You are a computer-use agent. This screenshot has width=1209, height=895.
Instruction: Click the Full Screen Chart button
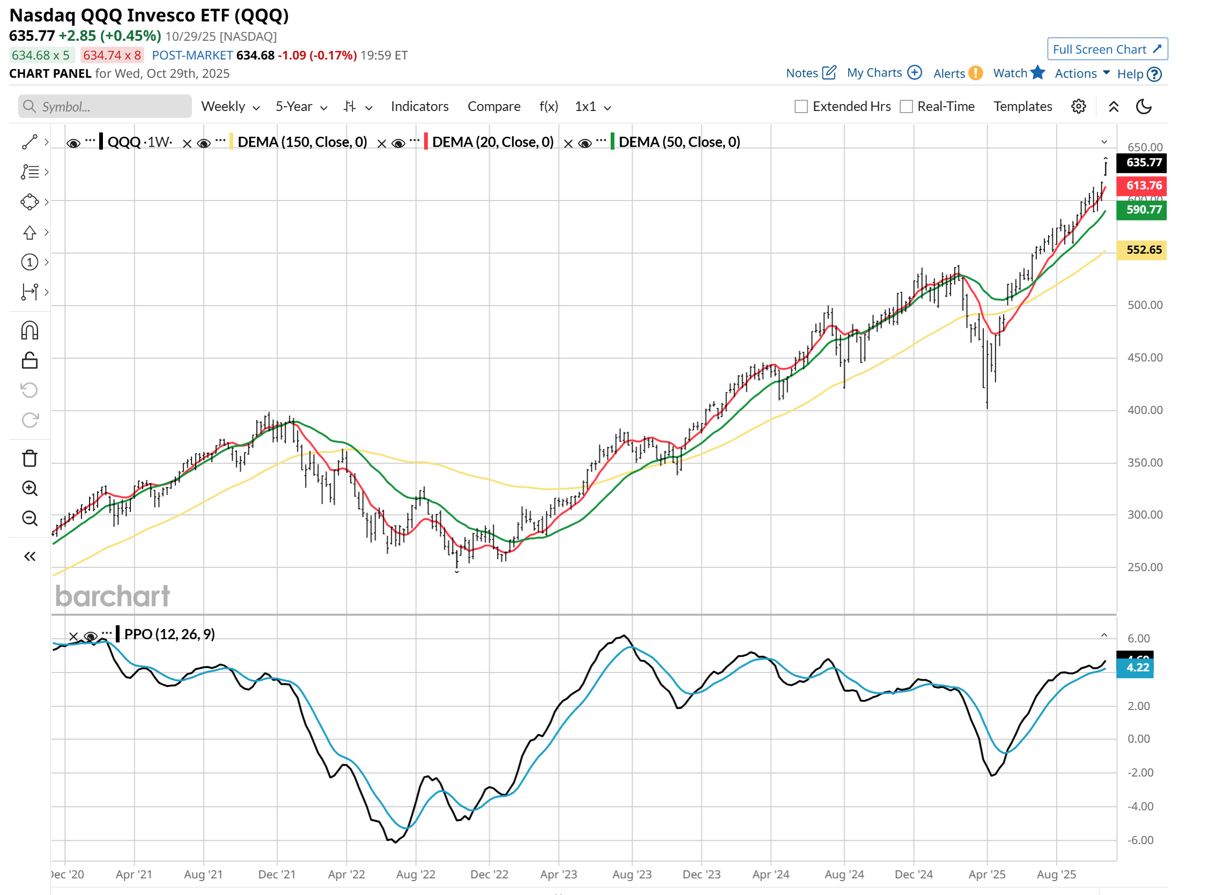pos(1107,49)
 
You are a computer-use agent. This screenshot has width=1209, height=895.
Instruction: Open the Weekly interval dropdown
pos(230,107)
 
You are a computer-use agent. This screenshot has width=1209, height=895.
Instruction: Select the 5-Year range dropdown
pos(301,107)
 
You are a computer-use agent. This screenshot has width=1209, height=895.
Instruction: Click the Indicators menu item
pos(419,107)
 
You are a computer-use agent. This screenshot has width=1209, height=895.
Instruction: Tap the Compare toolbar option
pos(493,107)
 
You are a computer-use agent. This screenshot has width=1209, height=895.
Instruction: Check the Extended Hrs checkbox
pos(800,107)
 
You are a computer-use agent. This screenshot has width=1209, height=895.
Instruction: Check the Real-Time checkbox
pos(906,107)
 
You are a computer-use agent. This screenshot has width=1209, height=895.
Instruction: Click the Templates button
pos(1022,107)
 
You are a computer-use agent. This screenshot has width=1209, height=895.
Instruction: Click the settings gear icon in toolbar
pos(1078,107)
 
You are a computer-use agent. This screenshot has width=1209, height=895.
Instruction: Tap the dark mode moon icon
pos(1143,107)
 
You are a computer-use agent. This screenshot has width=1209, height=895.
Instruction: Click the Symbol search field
pos(105,107)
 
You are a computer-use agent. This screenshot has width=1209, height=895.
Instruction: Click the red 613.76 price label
pos(1143,186)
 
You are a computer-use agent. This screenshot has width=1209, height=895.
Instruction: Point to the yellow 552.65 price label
pos(1143,250)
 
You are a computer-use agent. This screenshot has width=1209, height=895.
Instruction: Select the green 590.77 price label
pos(1143,210)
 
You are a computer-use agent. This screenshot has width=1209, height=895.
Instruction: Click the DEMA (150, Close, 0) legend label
pos(302,142)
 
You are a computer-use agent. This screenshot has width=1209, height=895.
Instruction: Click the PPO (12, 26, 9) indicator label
pos(169,634)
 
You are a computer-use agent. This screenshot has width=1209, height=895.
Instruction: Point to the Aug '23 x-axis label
pos(632,875)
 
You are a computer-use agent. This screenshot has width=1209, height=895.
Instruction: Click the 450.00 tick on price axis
pos(1145,358)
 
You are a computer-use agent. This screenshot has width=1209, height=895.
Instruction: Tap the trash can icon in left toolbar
pos(30,458)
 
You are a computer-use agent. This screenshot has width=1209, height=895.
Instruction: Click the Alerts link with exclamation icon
pos(956,73)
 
